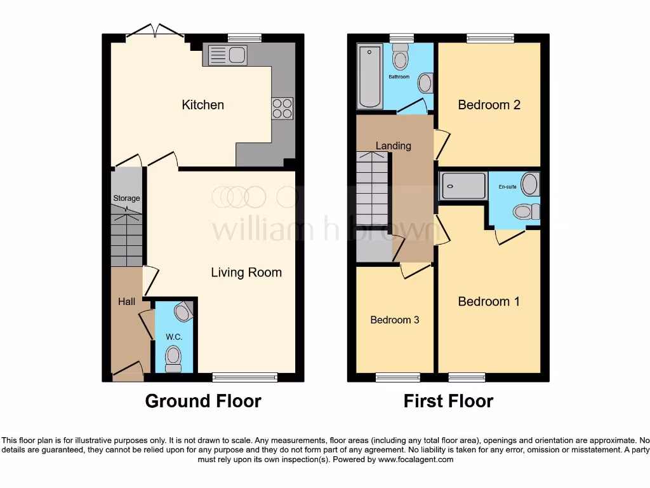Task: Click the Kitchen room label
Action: point(203,105)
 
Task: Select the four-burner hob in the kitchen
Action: point(282,108)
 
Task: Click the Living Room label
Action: point(246,273)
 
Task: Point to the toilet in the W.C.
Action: point(173,358)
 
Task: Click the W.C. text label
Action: point(174,337)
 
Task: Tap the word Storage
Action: point(126,198)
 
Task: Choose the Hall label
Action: point(126,302)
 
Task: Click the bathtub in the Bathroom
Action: point(369,76)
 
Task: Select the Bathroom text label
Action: point(399,77)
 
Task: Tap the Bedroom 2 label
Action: point(489,105)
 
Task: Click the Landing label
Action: point(394,146)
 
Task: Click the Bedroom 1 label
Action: point(489,302)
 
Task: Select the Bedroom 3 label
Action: point(395,320)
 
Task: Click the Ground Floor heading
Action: point(203,401)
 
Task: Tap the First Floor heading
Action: point(448,401)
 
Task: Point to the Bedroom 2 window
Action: point(490,37)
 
